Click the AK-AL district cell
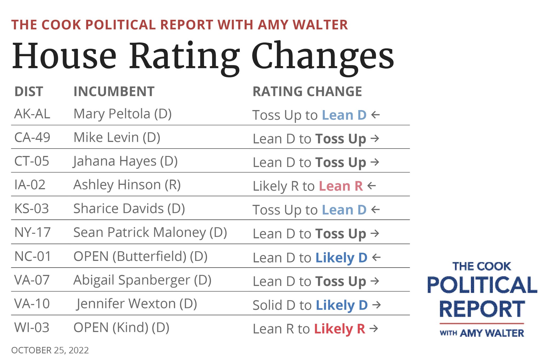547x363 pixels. pyautogui.click(x=32, y=114)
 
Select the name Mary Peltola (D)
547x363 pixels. pyautogui.click(x=122, y=114)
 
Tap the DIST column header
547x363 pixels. pyautogui.click(x=29, y=92)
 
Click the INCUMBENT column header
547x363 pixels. pyautogui.click(x=114, y=92)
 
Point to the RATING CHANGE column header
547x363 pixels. pyautogui.click(x=307, y=92)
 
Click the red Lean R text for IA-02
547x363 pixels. pyautogui.click(x=341, y=186)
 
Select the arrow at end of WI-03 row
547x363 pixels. pyautogui.click(x=374, y=328)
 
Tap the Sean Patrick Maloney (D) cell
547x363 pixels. pyautogui.click(x=150, y=232)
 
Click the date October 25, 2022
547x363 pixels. pyautogui.click(x=50, y=350)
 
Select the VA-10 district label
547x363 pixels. pyautogui.click(x=32, y=304)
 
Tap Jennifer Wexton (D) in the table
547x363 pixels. pyautogui.click(x=136, y=304)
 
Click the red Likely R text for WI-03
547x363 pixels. pyautogui.click(x=339, y=329)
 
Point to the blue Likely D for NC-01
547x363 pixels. pyautogui.click(x=341, y=258)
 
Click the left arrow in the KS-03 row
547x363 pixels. pyautogui.click(x=376, y=210)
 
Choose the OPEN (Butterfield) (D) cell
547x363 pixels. pyautogui.click(x=140, y=256)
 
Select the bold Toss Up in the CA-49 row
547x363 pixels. pyautogui.click(x=341, y=139)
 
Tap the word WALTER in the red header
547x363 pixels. pyautogui.click(x=320, y=25)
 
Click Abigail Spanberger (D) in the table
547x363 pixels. pyautogui.click(x=142, y=280)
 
